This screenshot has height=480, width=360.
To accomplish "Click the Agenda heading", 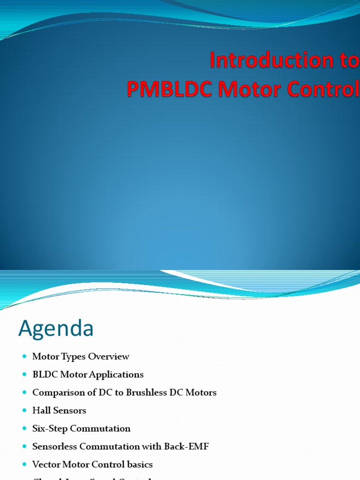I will point(56,329).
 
